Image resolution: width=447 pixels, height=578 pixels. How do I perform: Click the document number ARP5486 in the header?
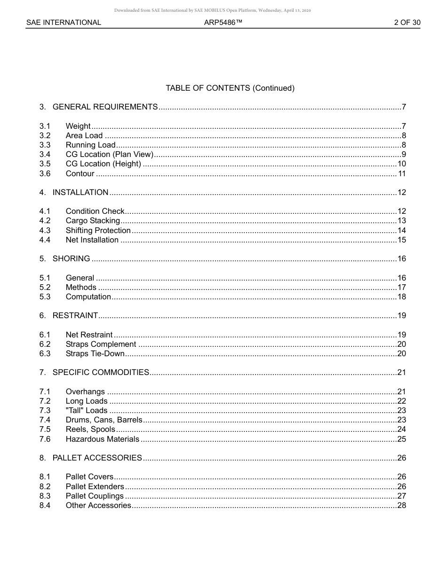point(223,23)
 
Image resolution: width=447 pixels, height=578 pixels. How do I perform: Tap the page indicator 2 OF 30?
point(407,23)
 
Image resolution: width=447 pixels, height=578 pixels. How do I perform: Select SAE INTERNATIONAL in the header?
point(64,23)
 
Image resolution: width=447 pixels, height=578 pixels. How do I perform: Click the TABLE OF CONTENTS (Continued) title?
point(230,88)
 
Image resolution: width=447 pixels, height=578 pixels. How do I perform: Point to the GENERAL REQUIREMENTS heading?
point(105,107)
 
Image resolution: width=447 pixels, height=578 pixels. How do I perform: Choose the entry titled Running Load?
point(90,145)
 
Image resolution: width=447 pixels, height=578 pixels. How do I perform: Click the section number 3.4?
point(45,155)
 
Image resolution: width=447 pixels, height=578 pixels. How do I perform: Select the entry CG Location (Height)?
point(103,164)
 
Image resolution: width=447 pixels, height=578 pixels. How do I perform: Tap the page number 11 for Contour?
point(402,174)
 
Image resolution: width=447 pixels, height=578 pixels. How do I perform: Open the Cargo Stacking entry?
point(93,221)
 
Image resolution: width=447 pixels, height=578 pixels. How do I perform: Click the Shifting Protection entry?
point(98,230)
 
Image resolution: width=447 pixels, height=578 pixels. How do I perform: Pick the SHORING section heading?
point(71,259)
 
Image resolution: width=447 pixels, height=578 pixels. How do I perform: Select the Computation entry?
point(88,297)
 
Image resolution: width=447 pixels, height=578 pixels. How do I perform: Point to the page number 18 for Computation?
point(401,297)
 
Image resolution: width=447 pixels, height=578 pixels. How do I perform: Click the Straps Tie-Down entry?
point(95,354)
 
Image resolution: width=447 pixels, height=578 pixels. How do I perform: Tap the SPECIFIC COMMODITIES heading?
point(101,373)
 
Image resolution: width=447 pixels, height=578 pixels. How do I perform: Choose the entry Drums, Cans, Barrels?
point(104,420)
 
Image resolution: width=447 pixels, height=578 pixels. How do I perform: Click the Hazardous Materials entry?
point(102,439)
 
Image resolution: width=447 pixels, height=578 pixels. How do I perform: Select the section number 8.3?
point(45,496)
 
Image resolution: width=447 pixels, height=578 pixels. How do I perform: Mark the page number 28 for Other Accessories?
point(401,506)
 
